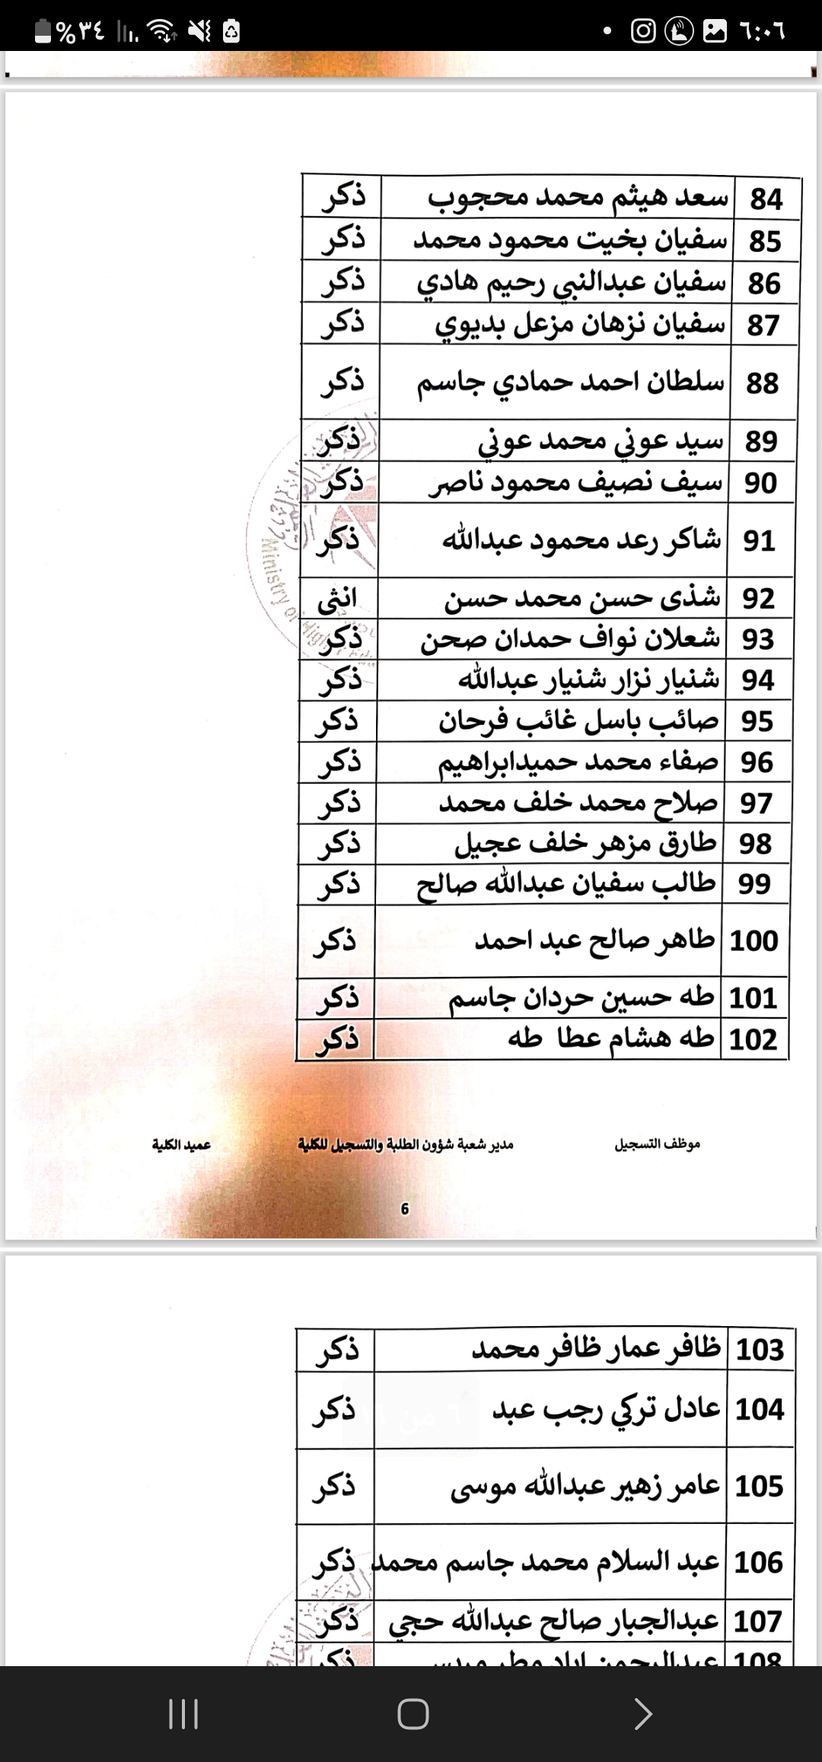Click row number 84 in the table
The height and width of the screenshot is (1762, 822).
point(766,199)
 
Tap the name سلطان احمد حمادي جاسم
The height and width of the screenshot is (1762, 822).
point(570,382)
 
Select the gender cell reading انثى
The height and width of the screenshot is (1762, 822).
point(337,599)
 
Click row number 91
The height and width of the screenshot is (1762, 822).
point(759,541)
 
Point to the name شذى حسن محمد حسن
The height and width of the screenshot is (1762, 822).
point(582,599)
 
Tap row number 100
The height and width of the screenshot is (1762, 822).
point(753,941)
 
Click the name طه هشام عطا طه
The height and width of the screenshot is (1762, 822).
point(610,1038)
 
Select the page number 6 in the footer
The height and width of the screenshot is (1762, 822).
point(405,1209)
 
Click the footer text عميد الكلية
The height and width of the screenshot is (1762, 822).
point(181,1145)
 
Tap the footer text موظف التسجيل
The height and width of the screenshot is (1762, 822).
point(657,1144)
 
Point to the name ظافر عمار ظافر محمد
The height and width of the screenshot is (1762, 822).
point(596,1350)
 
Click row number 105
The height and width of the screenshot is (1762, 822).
point(759,1486)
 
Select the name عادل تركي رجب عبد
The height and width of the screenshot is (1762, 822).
point(606,1409)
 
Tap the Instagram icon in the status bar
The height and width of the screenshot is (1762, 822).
point(643,31)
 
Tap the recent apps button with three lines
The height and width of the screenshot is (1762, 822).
point(183,1714)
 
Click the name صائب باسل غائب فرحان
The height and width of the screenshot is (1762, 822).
point(578,721)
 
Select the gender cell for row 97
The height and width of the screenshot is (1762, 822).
point(337,803)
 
